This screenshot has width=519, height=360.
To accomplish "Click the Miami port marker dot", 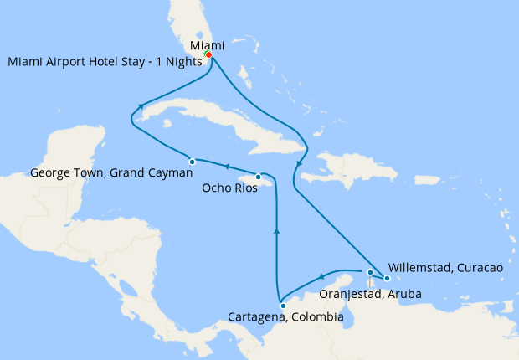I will click(208, 56).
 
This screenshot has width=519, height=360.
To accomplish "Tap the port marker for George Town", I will click(192, 162).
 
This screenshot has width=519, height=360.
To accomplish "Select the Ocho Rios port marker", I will click(258, 177).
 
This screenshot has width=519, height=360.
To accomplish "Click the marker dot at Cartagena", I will click(283, 306).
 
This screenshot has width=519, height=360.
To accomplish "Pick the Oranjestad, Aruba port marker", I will click(370, 272).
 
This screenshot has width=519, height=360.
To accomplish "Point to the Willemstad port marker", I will click(387, 278).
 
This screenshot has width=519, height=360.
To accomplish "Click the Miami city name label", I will click(207, 44).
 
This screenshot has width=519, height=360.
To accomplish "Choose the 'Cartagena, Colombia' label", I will click(285, 318).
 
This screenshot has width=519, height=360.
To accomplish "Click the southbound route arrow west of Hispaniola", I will click(300, 162).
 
